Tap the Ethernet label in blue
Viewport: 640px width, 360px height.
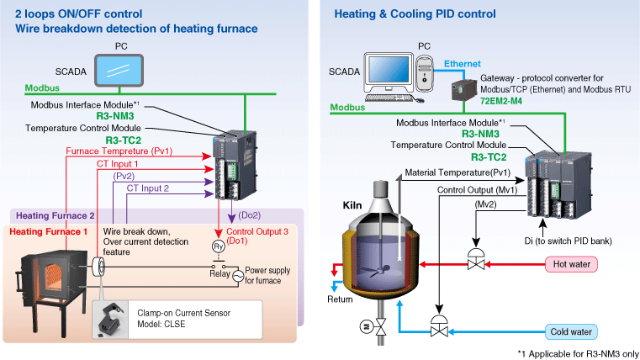(463, 64)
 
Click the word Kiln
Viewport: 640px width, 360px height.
(352, 204)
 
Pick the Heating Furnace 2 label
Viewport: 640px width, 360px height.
(56, 216)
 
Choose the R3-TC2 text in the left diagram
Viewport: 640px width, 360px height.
(122, 140)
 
